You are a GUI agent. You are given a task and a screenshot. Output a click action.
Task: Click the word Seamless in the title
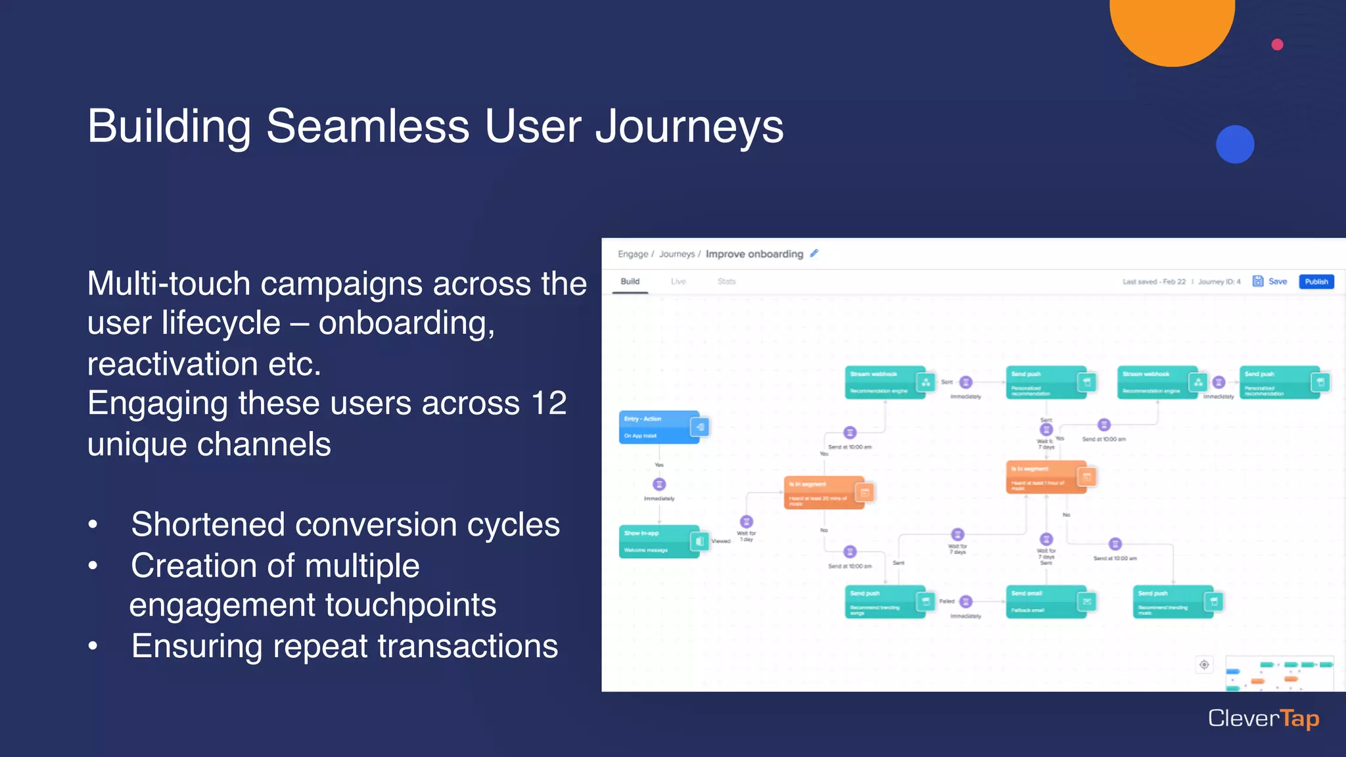[x=367, y=126]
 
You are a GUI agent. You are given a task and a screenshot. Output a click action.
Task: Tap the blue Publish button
[x=1316, y=281]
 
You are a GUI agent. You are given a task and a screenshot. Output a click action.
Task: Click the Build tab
[x=630, y=281]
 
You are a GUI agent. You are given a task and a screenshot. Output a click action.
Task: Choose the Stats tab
[x=726, y=281]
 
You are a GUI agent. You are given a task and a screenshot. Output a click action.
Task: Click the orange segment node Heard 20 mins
[x=824, y=493]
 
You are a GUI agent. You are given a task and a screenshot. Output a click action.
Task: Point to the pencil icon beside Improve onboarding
[x=814, y=254]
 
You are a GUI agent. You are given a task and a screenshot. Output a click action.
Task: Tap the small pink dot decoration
[x=1277, y=45]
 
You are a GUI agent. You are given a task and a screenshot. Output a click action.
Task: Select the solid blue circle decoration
[x=1235, y=145]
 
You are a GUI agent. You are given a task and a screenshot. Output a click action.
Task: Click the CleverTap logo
[x=1263, y=718]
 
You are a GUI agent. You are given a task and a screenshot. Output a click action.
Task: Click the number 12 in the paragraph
[x=549, y=403]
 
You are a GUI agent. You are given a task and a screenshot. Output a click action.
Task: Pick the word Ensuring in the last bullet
[x=197, y=646]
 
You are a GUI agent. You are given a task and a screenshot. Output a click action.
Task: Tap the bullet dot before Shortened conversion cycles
[x=93, y=525]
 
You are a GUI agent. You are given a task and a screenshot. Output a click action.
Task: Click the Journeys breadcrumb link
[x=676, y=254]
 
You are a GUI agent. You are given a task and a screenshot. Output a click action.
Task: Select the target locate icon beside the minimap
[x=1204, y=664]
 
